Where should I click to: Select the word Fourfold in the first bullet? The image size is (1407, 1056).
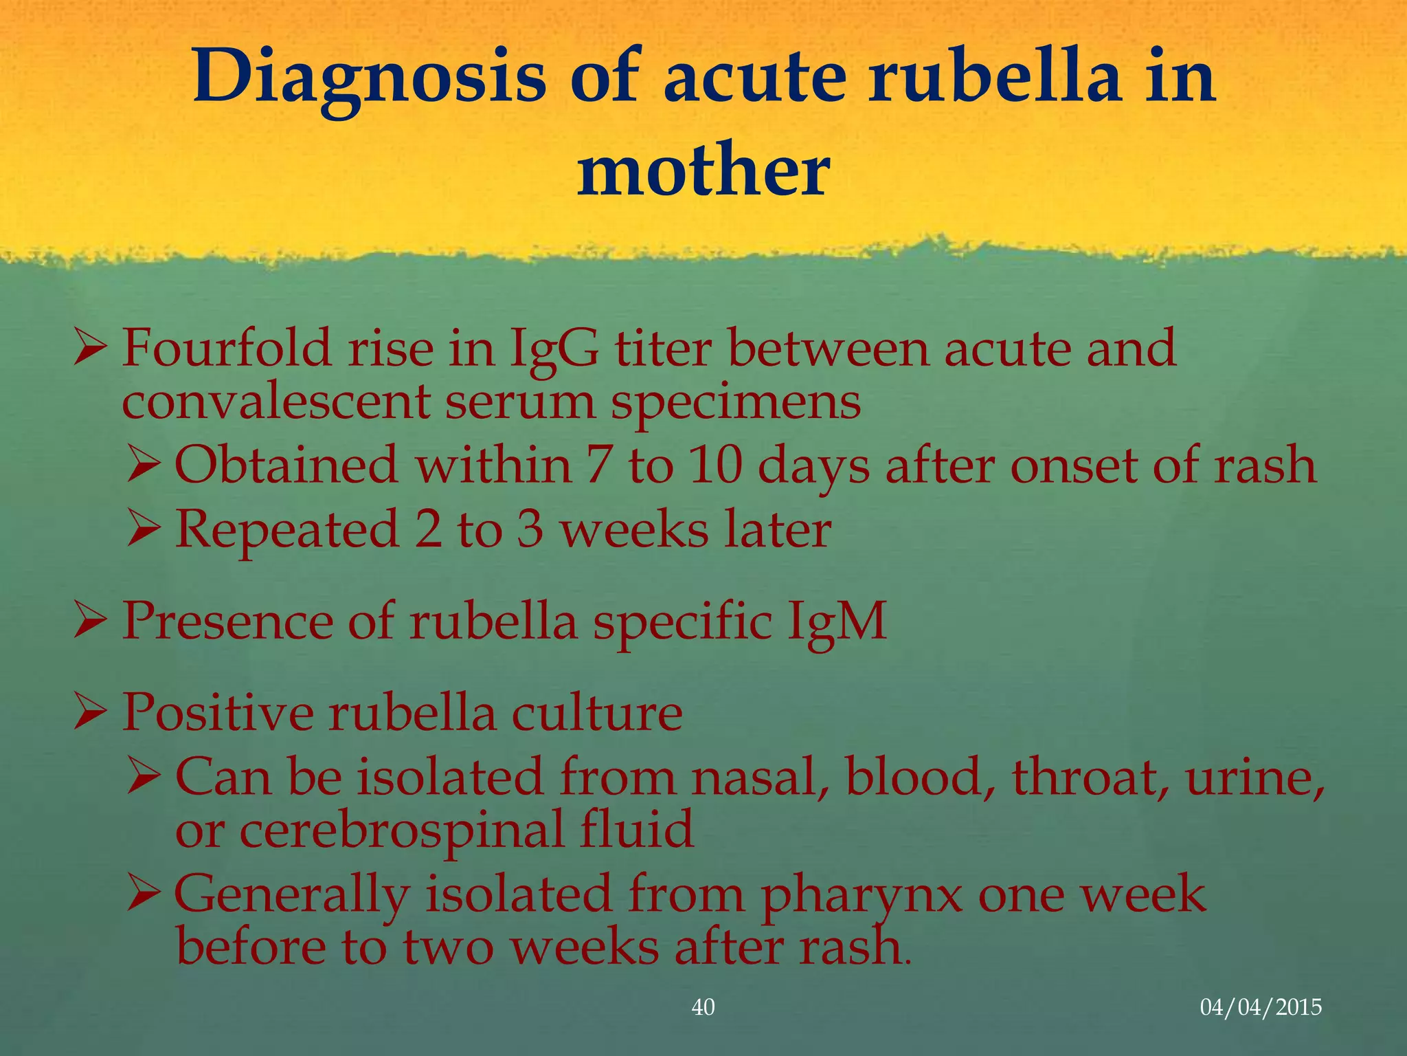pos(227,349)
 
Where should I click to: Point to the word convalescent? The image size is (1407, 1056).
pos(275,402)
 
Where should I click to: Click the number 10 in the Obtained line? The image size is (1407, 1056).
pos(715,465)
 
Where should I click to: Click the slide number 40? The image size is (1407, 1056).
pos(703,1007)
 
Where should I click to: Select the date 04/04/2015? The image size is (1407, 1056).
pos(1261,1007)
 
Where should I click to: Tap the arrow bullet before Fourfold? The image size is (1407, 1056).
pos(90,348)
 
